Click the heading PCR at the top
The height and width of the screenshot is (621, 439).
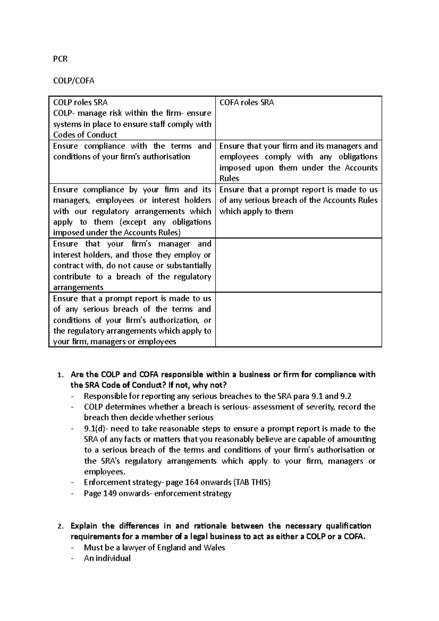(60, 59)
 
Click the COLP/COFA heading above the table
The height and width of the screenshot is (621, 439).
(74, 81)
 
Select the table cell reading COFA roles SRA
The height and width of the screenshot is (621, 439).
(246, 103)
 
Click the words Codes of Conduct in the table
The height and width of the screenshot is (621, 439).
(85, 135)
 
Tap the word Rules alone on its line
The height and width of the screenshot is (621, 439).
(229, 178)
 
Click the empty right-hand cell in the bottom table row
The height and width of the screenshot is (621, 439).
(298, 320)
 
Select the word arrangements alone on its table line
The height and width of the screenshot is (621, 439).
(78, 287)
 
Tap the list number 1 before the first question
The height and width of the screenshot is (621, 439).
(60, 375)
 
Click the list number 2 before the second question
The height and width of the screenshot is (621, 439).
(60, 527)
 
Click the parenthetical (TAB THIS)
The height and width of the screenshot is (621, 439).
(252, 482)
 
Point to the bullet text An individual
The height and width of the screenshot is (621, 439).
(107, 558)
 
